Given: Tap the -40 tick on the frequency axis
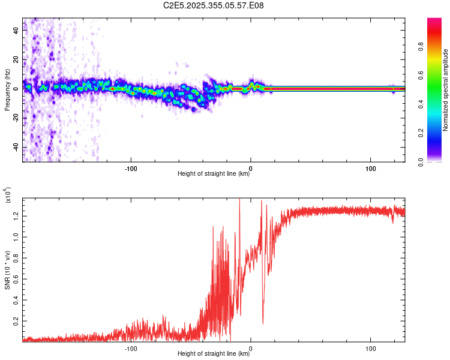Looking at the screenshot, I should pyautogui.click(x=16, y=148).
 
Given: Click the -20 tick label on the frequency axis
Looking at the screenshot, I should pyautogui.click(x=16, y=118).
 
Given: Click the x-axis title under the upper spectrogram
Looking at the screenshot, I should pyautogui.click(x=214, y=174).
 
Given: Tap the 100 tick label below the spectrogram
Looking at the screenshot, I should pyautogui.click(x=371, y=167).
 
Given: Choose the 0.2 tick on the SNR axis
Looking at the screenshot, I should pyautogui.click(x=16, y=321).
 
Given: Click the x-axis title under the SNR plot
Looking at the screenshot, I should pyautogui.click(x=214, y=354).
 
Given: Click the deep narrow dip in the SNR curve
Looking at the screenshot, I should pyautogui.click(x=263, y=323).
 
